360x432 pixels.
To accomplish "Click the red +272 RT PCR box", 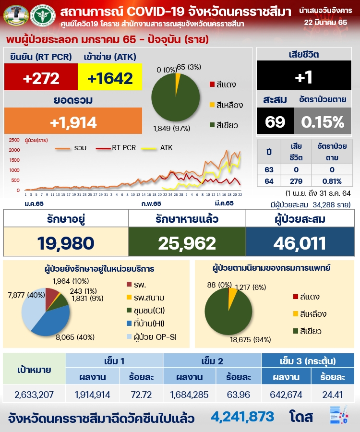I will pos(41,77).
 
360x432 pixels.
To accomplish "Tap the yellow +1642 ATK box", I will pos(110,77).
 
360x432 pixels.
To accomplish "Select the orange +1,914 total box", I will pos(73,122).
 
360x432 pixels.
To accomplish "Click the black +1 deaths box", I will pos(308,77).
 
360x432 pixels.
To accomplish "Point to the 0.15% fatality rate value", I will pos(323,122).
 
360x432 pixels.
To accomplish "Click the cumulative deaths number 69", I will pos(275,122).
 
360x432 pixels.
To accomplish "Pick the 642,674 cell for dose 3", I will pos(286,395).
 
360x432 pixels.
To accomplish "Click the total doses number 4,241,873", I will pos(242,416).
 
